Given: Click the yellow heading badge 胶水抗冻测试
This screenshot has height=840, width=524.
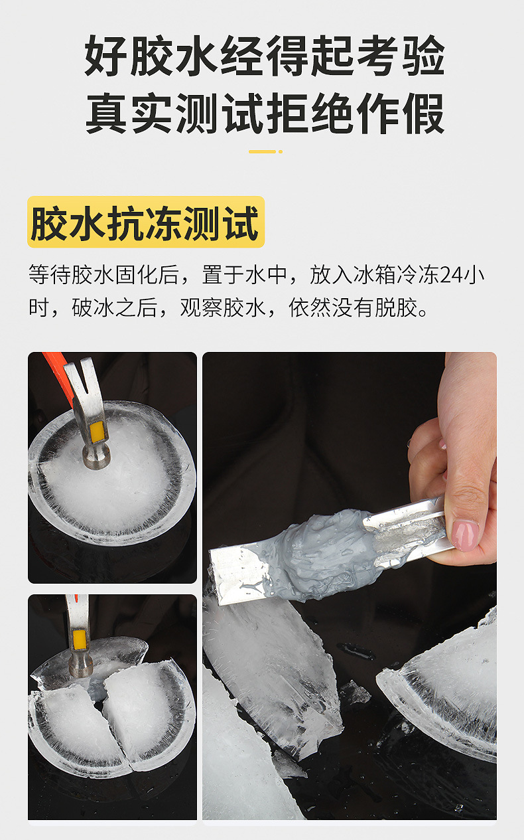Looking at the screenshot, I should (x=145, y=222).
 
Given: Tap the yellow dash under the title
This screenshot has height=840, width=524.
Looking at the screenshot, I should (x=265, y=151).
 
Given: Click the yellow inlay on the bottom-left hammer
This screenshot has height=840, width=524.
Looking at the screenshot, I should (x=80, y=639).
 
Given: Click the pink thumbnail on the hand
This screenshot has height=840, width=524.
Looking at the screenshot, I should (x=464, y=534).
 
